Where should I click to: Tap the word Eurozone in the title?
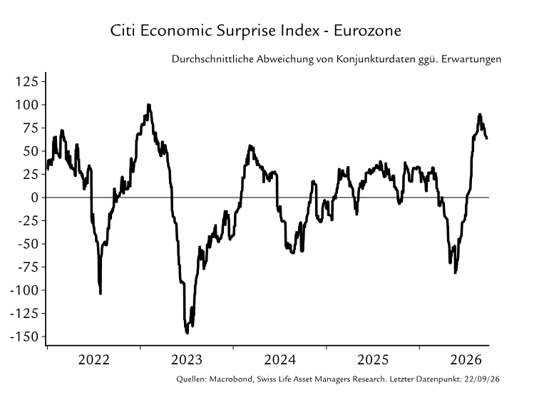[367, 31]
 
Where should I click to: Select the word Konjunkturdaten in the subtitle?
[376, 59]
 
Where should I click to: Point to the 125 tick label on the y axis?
[26, 81]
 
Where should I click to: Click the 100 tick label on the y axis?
[26, 105]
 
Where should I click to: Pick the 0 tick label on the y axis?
[34, 198]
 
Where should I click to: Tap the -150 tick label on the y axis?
[24, 337]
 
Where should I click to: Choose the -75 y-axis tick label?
[28, 267]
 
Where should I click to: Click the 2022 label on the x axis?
[94, 360]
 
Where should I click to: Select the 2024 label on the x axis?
[279, 360]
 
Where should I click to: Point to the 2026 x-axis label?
[466, 360]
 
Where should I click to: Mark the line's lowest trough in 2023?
[187, 332]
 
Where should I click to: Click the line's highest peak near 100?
[149, 105]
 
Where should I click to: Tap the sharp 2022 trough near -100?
[101, 293]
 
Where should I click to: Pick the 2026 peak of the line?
[479, 115]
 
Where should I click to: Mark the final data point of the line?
[487, 138]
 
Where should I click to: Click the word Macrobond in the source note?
[231, 379]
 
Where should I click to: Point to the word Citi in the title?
[123, 31]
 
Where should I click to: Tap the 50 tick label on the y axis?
[31, 151]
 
